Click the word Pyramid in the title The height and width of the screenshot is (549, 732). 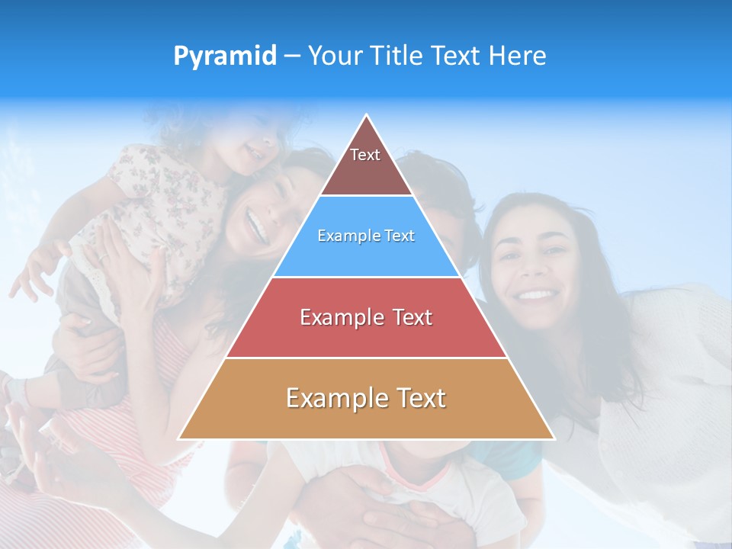click(x=224, y=56)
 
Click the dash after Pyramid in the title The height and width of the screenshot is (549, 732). click(x=292, y=56)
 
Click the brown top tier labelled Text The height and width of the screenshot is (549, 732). click(x=366, y=164)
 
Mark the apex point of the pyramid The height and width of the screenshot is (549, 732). click(x=367, y=115)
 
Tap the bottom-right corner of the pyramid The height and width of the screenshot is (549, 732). click(x=554, y=438)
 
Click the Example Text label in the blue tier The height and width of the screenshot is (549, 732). click(x=366, y=236)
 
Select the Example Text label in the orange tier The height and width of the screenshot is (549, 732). click(x=366, y=398)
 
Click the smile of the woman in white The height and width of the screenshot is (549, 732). click(x=536, y=294)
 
